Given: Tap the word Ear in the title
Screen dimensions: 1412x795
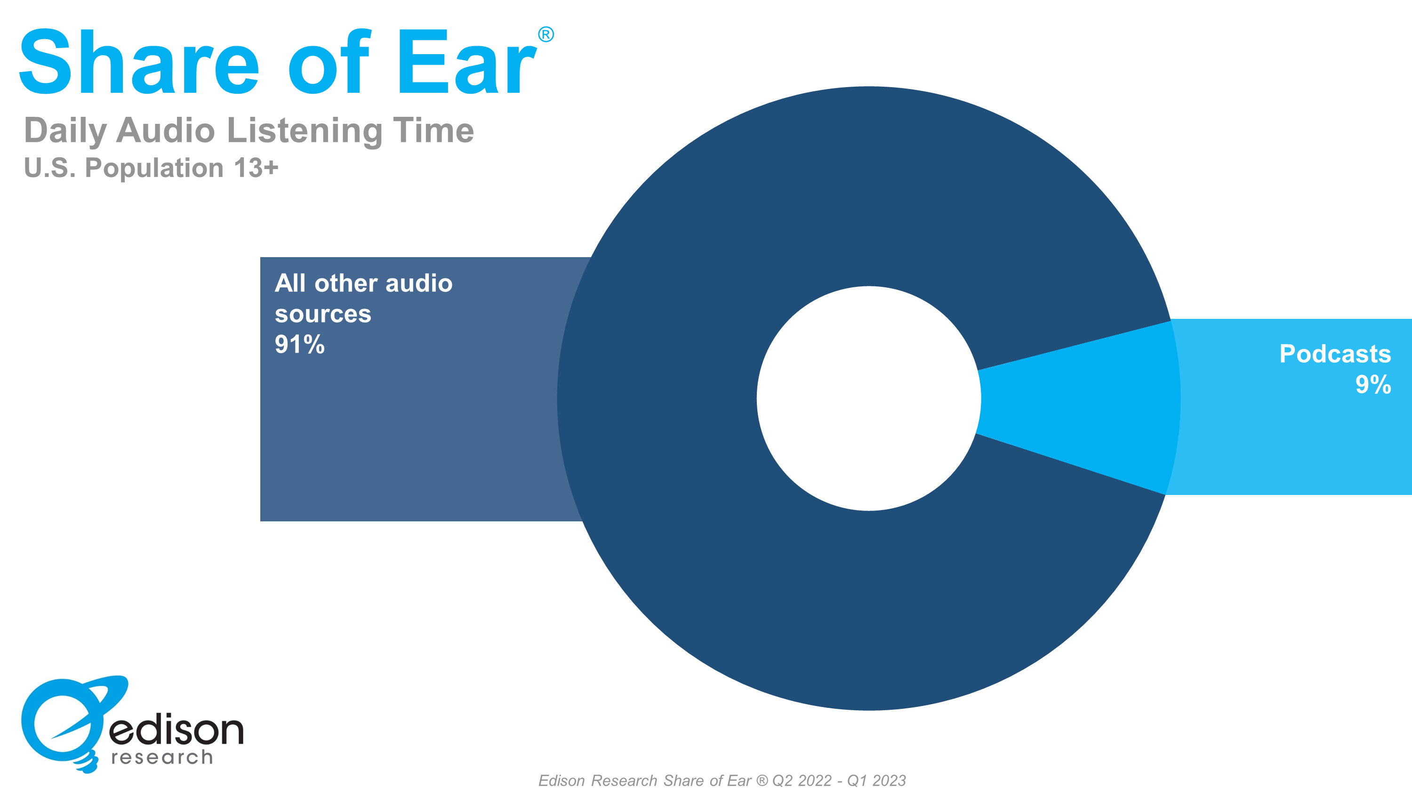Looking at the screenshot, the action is [466, 63].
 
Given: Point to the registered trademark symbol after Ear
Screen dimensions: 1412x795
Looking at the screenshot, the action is [546, 34].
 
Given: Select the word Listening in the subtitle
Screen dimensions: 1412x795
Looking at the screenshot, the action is [304, 132].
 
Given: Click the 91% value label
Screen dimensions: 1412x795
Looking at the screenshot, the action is [299, 345].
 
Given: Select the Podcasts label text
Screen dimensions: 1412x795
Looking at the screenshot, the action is [1335, 354].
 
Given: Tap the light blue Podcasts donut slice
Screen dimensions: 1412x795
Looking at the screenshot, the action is [1077, 403].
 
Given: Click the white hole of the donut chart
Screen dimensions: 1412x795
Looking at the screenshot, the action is [869, 398].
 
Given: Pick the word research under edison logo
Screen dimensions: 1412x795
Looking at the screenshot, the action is [162, 758].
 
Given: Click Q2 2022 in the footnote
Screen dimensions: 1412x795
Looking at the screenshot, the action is [802, 780].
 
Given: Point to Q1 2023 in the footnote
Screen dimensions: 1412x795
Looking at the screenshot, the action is [876, 780].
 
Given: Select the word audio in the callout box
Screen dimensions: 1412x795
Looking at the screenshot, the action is [419, 283].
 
